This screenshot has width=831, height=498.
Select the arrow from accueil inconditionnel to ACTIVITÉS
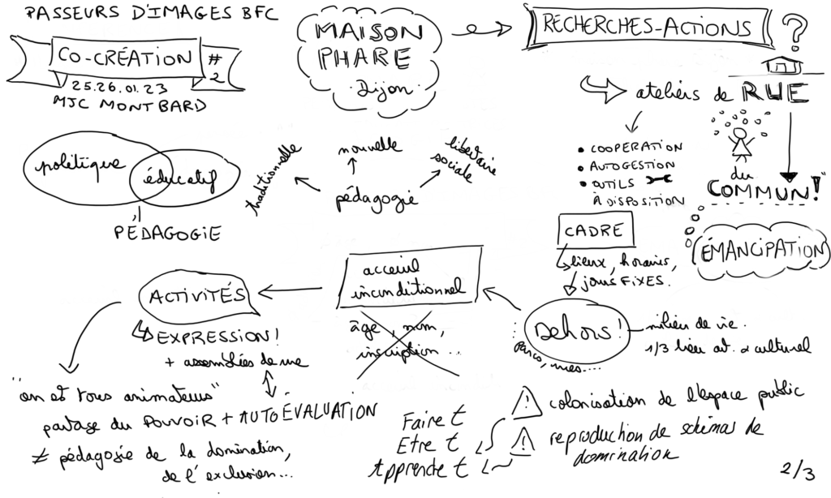click(297, 289)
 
